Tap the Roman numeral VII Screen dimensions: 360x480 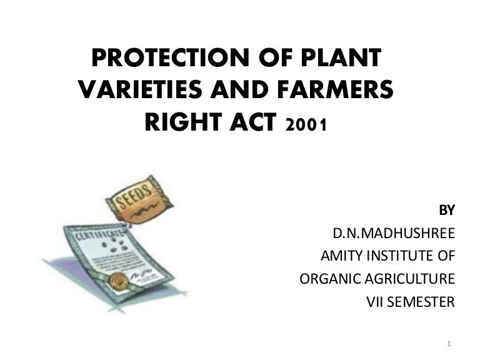pos(376,302)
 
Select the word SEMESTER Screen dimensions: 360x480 pos(424,302)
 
